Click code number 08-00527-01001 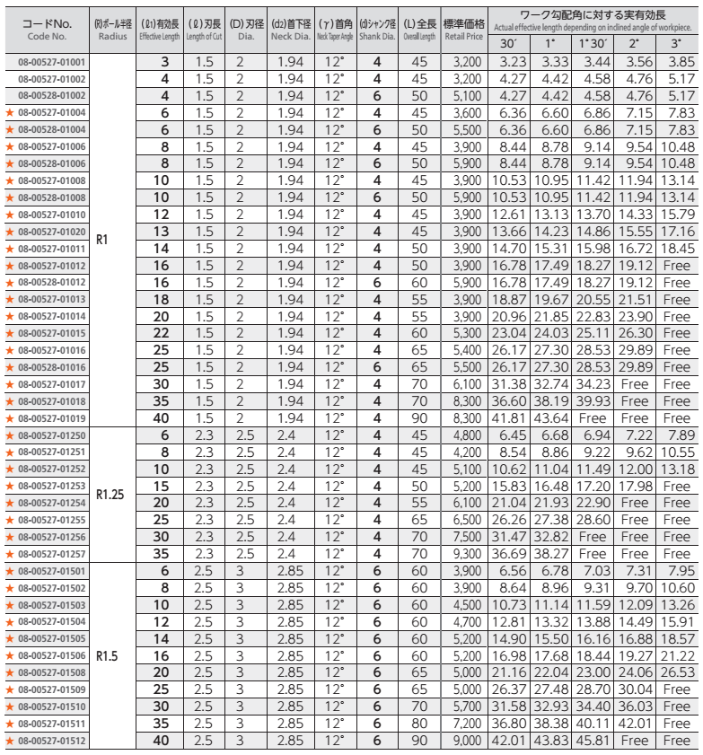(x=52, y=63)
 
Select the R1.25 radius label (x=110, y=493)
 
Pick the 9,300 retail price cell (x=464, y=554)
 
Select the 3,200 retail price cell (x=464, y=63)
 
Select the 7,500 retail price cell (x=464, y=538)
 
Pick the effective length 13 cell (x=164, y=232)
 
